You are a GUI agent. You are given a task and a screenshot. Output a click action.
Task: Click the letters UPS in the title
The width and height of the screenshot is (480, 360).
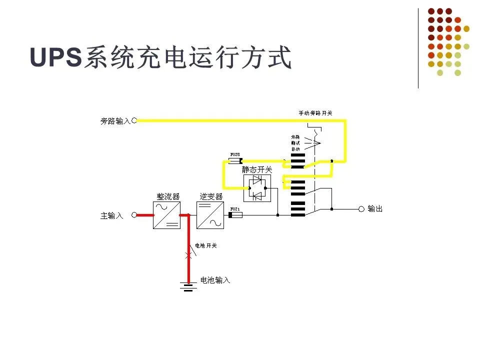[x=55, y=57]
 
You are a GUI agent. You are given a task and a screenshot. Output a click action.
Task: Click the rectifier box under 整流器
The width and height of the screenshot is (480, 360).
[x=166, y=215]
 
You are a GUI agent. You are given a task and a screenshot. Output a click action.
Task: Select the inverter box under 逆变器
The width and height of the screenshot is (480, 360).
[x=210, y=215]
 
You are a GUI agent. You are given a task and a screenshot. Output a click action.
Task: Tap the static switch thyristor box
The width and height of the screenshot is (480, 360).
[x=257, y=188]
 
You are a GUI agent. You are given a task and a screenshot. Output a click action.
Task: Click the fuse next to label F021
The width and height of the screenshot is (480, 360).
[x=235, y=215]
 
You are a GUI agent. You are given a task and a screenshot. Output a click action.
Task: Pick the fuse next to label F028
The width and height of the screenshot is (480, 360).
[x=235, y=160]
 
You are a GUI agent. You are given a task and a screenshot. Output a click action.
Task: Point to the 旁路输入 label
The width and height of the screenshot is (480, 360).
[x=115, y=121]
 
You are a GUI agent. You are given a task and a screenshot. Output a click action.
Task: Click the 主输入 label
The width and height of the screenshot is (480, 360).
[x=111, y=216]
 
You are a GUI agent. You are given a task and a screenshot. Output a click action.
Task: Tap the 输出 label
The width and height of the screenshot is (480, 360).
[x=375, y=209]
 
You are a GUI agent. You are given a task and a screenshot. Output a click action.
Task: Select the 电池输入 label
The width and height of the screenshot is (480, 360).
[x=215, y=280]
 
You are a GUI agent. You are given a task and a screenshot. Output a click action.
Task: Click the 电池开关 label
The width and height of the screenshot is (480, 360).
[x=205, y=245]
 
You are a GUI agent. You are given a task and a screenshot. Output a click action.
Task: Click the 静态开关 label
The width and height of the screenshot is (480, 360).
[x=257, y=170]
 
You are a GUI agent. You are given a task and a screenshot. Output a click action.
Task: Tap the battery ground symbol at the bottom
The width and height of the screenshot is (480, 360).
[x=188, y=286]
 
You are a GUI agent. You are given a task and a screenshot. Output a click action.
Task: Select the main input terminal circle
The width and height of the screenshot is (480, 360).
[x=134, y=215]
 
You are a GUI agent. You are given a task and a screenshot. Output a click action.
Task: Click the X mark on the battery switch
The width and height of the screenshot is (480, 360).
[x=188, y=255]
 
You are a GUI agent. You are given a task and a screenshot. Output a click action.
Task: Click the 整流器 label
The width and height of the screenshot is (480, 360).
[x=168, y=197]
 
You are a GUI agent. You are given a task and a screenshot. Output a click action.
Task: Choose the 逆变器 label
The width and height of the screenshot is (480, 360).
[x=211, y=197]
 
